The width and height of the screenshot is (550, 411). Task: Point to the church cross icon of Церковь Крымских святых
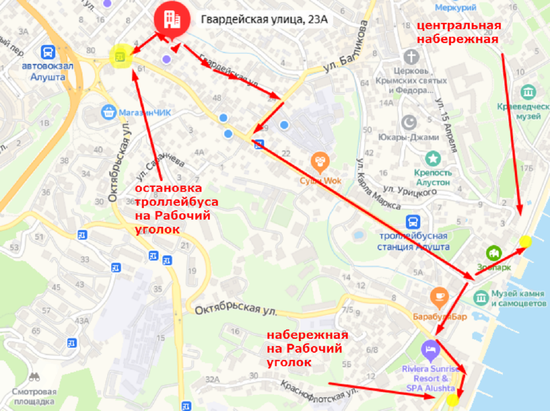(411, 57)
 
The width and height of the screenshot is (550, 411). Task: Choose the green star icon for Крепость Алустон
(433, 158)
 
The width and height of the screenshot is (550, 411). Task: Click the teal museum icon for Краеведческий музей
(528, 92)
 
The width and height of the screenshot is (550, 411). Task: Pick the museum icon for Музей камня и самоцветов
(481, 297)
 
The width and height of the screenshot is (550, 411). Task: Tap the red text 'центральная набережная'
(458, 31)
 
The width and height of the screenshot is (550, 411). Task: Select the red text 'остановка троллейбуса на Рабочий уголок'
(177, 208)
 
